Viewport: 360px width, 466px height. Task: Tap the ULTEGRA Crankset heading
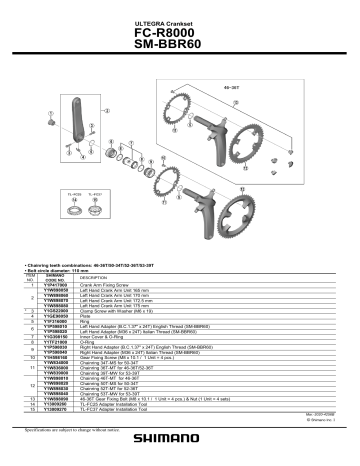(180, 19)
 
